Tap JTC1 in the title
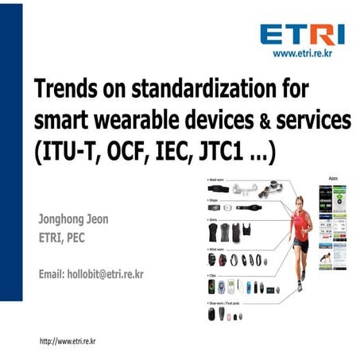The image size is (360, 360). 226,152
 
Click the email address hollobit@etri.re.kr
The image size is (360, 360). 91,274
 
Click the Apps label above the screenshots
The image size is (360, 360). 333,179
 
